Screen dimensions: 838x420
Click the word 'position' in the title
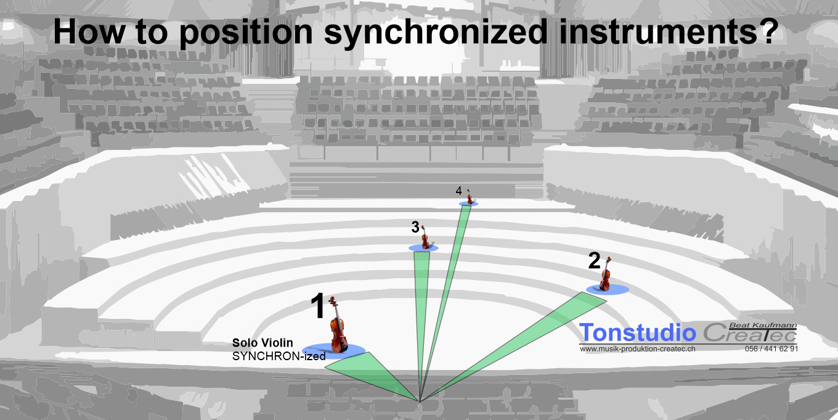[x=246, y=33]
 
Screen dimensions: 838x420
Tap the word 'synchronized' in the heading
[x=436, y=33]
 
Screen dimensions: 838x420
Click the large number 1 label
[x=318, y=305]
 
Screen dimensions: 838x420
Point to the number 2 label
[x=594, y=260]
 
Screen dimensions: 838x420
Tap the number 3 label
[x=415, y=227]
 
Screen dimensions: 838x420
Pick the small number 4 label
[x=458, y=191]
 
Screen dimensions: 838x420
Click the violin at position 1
[x=338, y=325]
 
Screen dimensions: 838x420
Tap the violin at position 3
[x=425, y=237]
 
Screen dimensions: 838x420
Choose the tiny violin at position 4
[x=469, y=197]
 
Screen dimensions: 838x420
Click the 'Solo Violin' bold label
[x=262, y=342]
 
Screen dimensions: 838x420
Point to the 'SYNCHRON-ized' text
[x=279, y=356]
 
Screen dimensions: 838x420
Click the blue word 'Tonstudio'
[x=638, y=332]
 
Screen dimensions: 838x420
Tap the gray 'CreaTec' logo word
[x=750, y=333]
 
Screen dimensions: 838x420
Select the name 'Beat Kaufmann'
[x=763, y=325]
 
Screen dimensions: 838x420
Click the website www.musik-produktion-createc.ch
[x=638, y=349]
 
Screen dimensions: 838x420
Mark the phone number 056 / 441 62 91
[x=771, y=349]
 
